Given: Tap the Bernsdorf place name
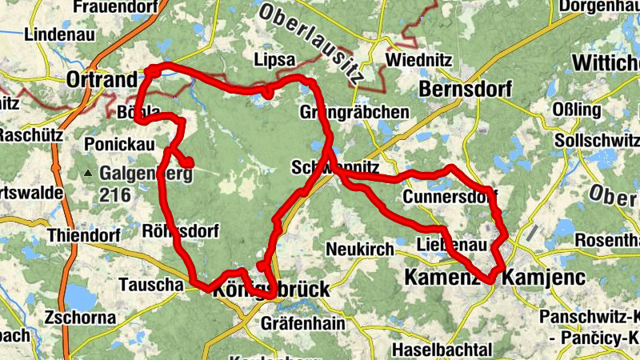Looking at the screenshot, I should pos(465,89).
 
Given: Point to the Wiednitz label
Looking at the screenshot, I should pos(418,61).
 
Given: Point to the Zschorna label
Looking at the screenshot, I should pos(77,315).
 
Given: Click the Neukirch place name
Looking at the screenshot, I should pos(360,249).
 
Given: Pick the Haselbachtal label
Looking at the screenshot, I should pos(442,350).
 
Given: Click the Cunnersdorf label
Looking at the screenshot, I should pos(450,196).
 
